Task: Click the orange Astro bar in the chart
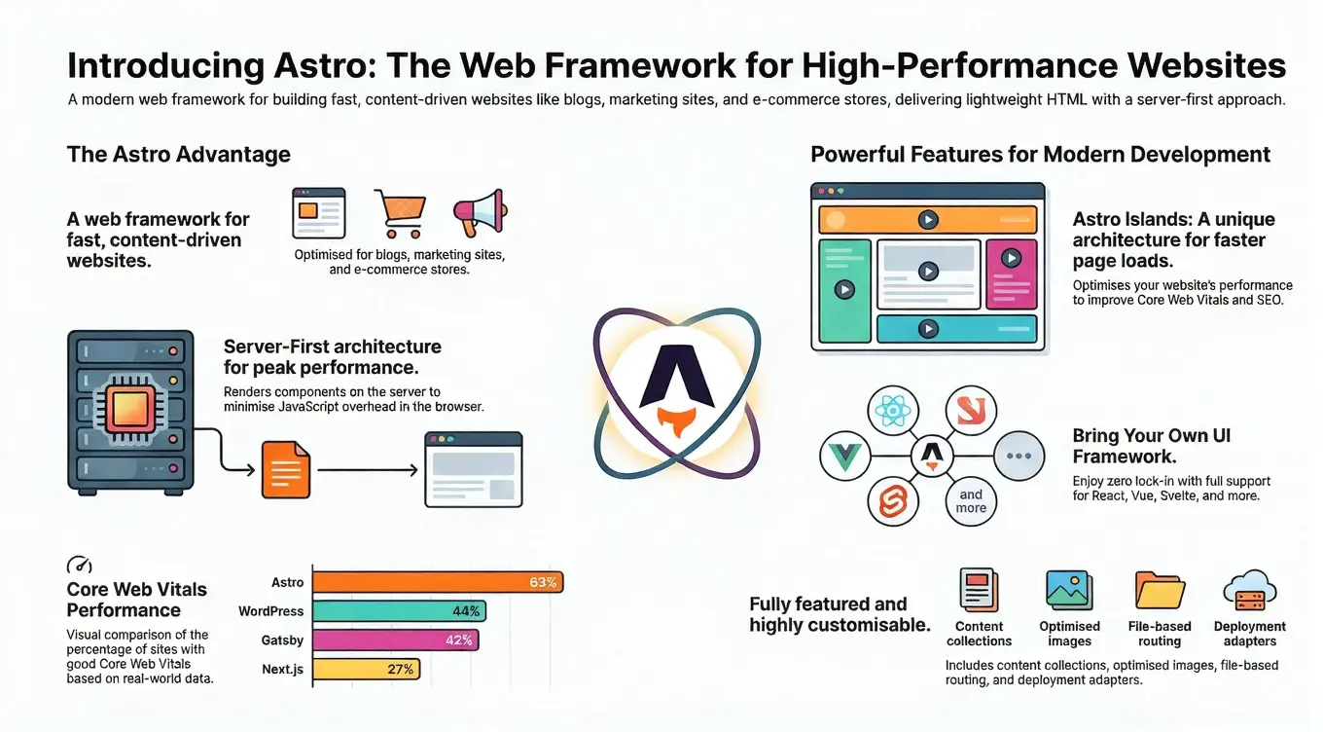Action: (x=438, y=582)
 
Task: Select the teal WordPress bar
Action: (x=399, y=611)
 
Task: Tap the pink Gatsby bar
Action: (x=396, y=640)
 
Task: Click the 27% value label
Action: (x=401, y=669)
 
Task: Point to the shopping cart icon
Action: (x=400, y=212)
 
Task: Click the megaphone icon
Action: (x=480, y=212)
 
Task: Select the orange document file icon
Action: (x=286, y=469)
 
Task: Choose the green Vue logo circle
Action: (x=844, y=456)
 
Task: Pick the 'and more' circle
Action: (x=971, y=501)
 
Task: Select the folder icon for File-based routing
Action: (x=1160, y=591)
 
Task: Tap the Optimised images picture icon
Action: (x=1069, y=591)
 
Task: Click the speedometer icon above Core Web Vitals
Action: (x=80, y=565)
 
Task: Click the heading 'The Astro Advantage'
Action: (x=179, y=154)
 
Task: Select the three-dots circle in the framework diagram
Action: (x=1019, y=456)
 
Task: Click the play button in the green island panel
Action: (x=844, y=289)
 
